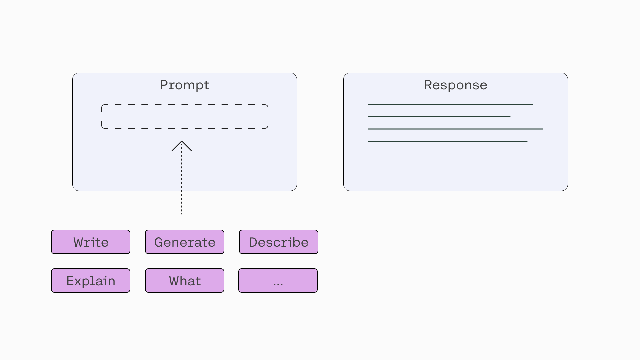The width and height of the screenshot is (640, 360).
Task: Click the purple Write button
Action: (x=91, y=242)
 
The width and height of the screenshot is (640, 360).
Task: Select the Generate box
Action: (x=185, y=242)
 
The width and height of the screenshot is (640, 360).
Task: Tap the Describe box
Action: (x=279, y=242)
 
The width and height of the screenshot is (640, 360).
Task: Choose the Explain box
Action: (x=91, y=281)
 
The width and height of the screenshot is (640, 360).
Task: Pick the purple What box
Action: (x=185, y=281)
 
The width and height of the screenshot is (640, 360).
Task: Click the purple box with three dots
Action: (x=278, y=281)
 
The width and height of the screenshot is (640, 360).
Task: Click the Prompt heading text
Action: (x=185, y=85)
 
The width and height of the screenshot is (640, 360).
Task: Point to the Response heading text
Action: (x=456, y=85)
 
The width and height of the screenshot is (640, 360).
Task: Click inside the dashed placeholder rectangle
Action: (x=185, y=116)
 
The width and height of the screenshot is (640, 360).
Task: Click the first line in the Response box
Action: (x=450, y=104)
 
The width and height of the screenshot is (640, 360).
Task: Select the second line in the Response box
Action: (x=439, y=117)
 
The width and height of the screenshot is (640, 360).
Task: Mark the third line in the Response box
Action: (x=456, y=129)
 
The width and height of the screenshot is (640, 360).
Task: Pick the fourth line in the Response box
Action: (x=448, y=141)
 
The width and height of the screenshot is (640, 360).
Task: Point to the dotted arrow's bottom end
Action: (x=182, y=214)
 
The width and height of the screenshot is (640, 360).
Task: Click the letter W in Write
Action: (x=78, y=242)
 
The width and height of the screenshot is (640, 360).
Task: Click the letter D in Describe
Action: (x=253, y=242)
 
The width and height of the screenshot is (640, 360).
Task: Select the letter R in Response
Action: (x=428, y=85)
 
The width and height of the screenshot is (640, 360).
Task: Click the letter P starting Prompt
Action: (x=164, y=85)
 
